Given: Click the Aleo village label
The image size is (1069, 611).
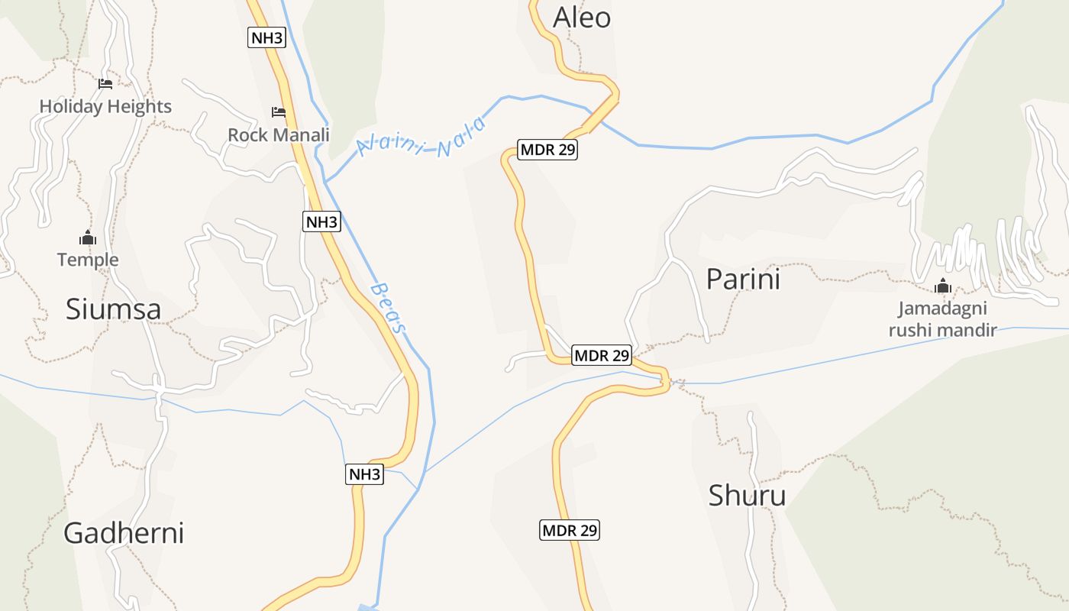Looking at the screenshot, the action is [582, 17].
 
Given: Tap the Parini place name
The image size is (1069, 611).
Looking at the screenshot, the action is [743, 280].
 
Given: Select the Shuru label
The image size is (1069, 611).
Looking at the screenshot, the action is [747, 496].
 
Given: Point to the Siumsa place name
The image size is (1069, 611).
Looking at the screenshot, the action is [113, 309].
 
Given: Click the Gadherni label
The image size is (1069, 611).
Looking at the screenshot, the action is [124, 532].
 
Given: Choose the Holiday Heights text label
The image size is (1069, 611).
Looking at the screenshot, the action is [105, 106].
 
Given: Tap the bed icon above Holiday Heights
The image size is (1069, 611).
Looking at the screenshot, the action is [105, 83].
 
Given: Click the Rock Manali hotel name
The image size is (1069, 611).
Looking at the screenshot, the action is [279, 135].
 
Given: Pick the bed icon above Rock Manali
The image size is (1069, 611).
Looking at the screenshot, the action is [279, 112].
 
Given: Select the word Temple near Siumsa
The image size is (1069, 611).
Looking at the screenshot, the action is [88, 260].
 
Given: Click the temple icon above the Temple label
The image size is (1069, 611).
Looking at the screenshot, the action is [88, 238].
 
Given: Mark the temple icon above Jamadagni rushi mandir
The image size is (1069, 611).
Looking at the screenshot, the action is [943, 286].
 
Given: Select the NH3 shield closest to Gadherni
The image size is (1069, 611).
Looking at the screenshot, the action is [364, 474].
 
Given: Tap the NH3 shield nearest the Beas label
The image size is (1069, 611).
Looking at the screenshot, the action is [321, 222].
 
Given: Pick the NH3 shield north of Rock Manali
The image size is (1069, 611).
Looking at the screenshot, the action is [266, 37].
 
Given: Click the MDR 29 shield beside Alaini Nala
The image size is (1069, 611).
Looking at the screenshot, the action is [547, 150].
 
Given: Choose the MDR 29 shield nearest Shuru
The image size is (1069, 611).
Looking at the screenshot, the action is [570, 529].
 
